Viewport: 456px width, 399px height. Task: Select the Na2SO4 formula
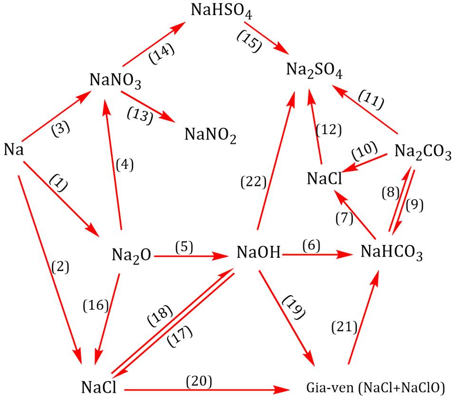[314, 71]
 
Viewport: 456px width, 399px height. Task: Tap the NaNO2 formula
[210, 136]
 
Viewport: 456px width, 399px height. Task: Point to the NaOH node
[258, 252]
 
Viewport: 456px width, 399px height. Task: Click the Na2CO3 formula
[423, 152]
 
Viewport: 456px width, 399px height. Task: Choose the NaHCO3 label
[391, 252]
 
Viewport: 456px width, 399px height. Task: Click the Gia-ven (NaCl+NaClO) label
[375, 388]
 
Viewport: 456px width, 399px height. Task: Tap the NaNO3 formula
[115, 81]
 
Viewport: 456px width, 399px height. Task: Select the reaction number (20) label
[199, 381]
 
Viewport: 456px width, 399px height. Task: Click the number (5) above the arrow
[184, 247]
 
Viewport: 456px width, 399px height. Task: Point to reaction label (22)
[254, 182]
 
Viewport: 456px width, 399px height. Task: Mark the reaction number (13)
[140, 116]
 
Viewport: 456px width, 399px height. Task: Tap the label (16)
[95, 306]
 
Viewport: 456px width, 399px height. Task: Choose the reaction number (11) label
[371, 100]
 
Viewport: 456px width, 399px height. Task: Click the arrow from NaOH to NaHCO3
[317, 255]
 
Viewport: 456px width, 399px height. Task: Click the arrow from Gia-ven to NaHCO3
[363, 316]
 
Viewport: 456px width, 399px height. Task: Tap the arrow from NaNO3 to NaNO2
[148, 107]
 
